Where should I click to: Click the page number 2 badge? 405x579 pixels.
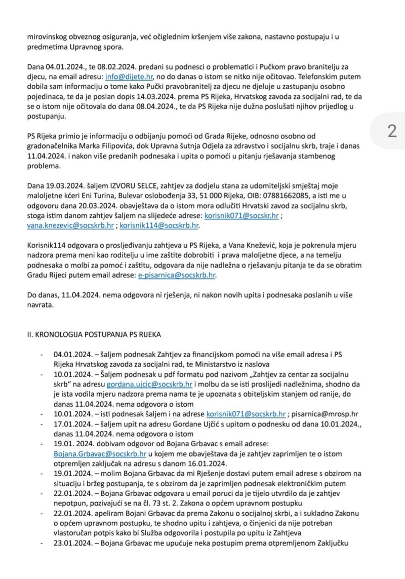click(x=391, y=131)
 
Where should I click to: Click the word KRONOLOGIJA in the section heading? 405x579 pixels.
click(x=61, y=335)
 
